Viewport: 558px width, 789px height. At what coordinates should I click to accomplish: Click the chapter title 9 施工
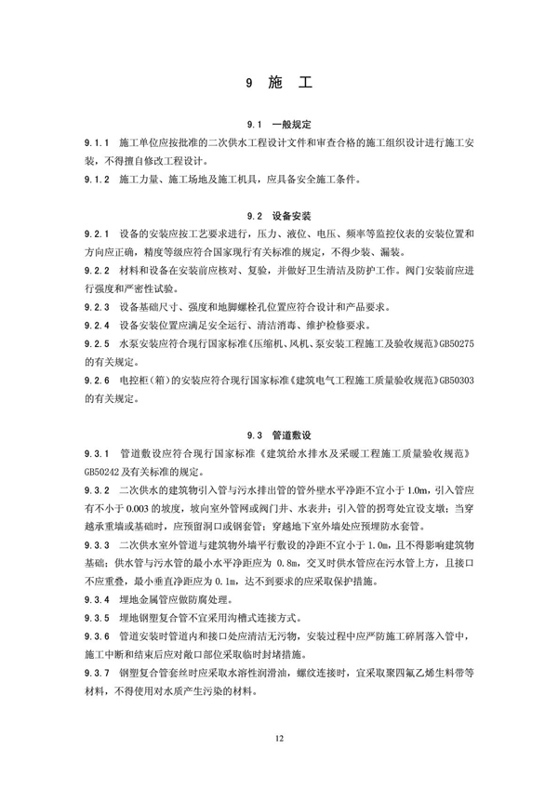(x=278, y=83)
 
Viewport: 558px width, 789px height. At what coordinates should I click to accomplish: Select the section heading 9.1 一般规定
(x=278, y=124)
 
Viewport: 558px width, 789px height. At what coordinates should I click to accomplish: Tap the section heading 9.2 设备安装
(x=278, y=212)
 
